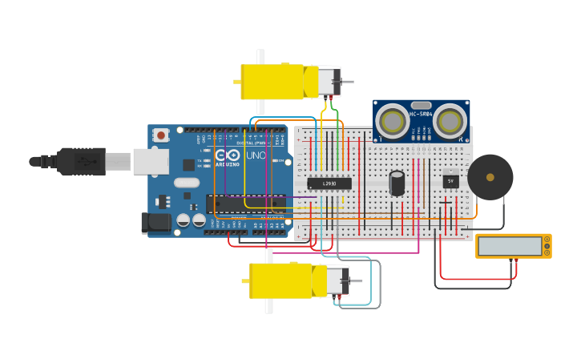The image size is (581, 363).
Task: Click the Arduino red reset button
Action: [x=161, y=135]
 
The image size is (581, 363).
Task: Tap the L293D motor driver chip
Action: [x=329, y=184]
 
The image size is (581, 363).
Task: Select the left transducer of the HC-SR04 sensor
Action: [x=393, y=122]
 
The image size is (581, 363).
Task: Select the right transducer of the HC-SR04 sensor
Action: [x=450, y=122]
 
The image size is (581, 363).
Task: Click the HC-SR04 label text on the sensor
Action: [x=421, y=114]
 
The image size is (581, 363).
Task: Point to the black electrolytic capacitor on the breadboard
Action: [x=397, y=183]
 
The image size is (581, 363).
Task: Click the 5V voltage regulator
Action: [x=450, y=181]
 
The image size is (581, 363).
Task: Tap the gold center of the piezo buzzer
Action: [x=490, y=177]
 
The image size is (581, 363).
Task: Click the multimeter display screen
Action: [x=510, y=245]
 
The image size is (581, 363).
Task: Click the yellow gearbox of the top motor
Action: [x=272, y=82]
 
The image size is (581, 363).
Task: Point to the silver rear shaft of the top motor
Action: [x=347, y=82]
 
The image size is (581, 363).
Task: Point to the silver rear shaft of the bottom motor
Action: [x=356, y=281]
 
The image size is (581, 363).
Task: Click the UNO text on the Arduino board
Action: [x=256, y=155]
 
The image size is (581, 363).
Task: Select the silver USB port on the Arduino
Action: [x=151, y=161]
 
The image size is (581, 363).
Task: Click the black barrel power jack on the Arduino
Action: [x=155, y=223]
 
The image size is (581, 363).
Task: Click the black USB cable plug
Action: [x=80, y=161]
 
